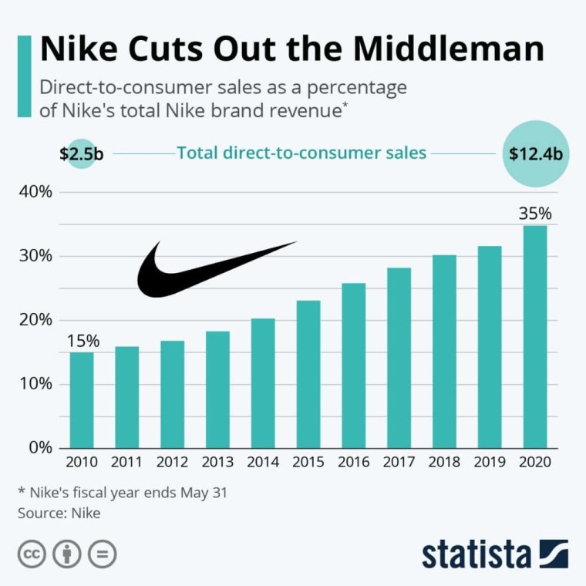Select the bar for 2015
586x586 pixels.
tap(308, 374)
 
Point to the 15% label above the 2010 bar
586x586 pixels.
tap(81, 340)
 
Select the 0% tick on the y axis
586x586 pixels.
tap(38, 447)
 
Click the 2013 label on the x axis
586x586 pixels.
tap(217, 463)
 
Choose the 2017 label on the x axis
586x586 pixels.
tap(399, 463)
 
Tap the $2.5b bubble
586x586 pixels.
tap(81, 153)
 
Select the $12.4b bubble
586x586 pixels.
tap(535, 153)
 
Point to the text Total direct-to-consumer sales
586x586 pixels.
tap(301, 153)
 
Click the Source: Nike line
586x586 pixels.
tap(59, 511)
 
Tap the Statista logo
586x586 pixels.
tap(494, 554)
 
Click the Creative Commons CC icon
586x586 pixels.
tap(32, 554)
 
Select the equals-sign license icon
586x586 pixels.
tap(101, 554)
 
